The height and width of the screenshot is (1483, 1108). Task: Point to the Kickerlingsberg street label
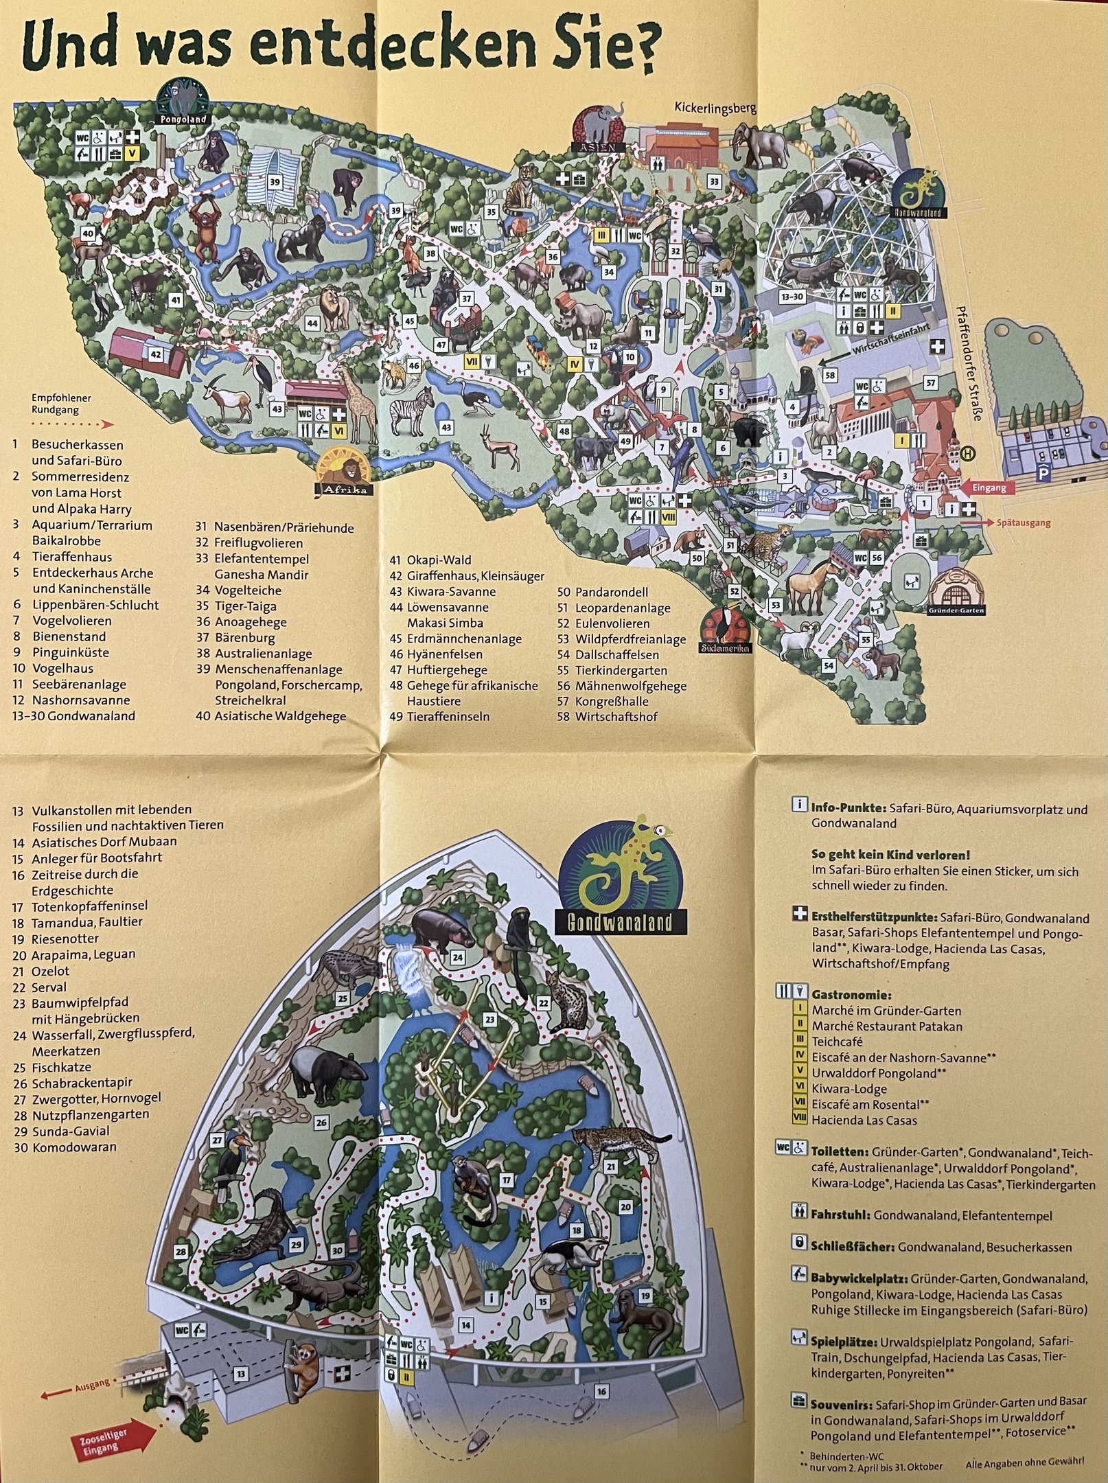point(715,108)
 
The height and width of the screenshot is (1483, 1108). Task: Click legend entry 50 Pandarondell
point(611,592)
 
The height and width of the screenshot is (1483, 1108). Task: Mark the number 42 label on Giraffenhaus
point(156,354)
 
